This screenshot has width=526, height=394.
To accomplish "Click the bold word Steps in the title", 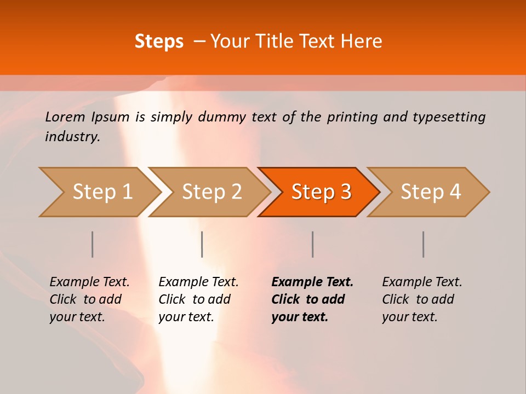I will [159, 42].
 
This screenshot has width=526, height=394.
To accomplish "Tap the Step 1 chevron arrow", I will [99, 192].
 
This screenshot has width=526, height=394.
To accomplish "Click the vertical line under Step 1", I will [93, 244].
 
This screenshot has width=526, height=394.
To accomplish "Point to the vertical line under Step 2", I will [202, 244].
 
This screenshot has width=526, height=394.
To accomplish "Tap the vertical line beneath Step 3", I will [312, 244].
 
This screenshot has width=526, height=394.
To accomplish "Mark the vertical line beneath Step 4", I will [423, 244].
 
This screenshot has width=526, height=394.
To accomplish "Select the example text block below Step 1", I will [89, 299].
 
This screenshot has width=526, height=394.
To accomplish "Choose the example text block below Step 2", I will [198, 299].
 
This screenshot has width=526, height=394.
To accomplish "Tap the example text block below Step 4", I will [422, 299].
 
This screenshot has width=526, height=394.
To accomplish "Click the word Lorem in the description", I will [65, 117].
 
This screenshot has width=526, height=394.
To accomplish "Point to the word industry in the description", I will [72, 137].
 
